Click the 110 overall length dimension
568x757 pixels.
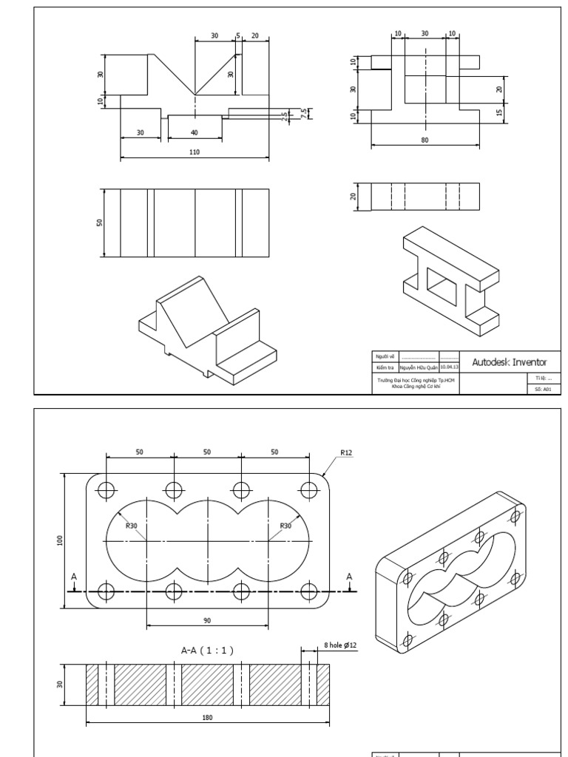(195, 152)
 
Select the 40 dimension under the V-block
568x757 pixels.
(195, 132)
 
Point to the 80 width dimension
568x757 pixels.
(425, 139)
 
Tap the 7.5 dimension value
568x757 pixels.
(303, 113)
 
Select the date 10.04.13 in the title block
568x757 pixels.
(449, 366)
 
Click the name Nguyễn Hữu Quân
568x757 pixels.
(419, 366)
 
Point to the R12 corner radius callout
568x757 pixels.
(346, 452)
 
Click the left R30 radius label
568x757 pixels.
(132, 526)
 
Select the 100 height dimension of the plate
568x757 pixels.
(60, 540)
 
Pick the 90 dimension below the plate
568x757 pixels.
(207, 619)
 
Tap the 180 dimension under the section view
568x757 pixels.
(208, 717)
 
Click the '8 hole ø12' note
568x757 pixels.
(340, 645)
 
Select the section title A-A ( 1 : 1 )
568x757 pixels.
(208, 651)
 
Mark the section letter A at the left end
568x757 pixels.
(73, 576)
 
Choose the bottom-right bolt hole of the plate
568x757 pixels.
(308, 591)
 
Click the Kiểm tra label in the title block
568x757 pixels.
(383, 366)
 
